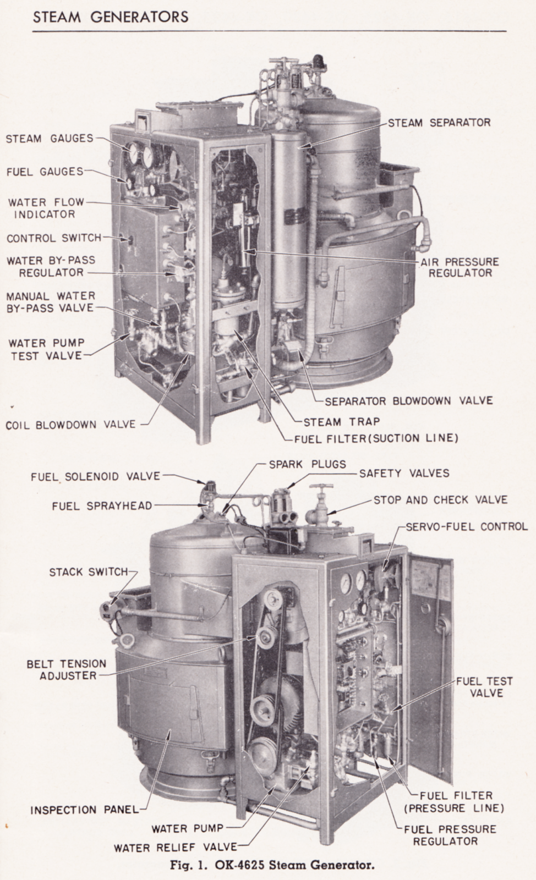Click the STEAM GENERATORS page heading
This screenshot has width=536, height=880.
[x=110, y=17]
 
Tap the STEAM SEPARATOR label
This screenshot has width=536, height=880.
[x=439, y=123]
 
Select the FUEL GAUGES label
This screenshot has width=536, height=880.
[x=44, y=172]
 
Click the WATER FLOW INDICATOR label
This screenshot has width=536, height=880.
[x=46, y=208]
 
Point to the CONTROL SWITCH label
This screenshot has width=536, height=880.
[x=54, y=238]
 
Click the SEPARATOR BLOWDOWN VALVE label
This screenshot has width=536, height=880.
[x=408, y=401]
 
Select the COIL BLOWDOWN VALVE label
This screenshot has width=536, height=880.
[x=70, y=425]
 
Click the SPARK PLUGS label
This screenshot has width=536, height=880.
[x=307, y=464]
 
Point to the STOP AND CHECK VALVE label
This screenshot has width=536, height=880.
[x=440, y=500]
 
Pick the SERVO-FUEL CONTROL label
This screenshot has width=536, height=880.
[x=467, y=526]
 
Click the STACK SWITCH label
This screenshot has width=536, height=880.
[x=88, y=572]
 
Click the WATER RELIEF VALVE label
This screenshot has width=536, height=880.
[x=175, y=848]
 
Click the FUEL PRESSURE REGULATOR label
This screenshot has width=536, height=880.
[x=450, y=835]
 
